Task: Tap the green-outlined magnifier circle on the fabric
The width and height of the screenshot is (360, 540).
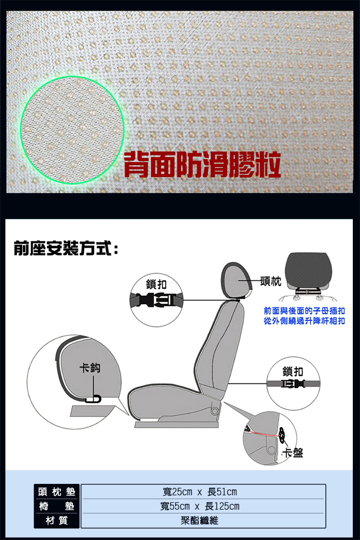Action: pyautogui.click(x=72, y=130)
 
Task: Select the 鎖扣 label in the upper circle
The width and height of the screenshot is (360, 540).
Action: pyautogui.click(x=156, y=283)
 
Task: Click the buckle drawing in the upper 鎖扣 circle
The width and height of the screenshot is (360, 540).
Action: pyautogui.click(x=156, y=301)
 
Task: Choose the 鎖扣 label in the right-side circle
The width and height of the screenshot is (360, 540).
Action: pyautogui.click(x=293, y=371)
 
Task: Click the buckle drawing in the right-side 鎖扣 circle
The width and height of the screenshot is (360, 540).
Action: pyautogui.click(x=293, y=384)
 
